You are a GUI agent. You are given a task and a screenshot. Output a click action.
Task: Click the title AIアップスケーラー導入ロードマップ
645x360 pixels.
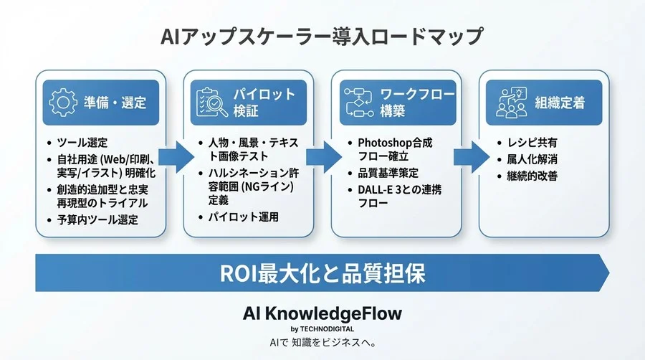pyautogui.click(x=322, y=36)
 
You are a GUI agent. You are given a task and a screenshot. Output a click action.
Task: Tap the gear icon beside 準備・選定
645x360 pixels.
pyautogui.click(x=62, y=103)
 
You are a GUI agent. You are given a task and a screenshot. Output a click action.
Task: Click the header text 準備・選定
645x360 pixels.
pyautogui.click(x=115, y=103)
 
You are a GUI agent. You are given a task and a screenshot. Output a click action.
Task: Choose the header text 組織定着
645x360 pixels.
pyautogui.click(x=559, y=103)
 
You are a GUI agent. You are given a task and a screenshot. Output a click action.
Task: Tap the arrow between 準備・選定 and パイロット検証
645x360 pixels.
pyautogui.click(x=174, y=155)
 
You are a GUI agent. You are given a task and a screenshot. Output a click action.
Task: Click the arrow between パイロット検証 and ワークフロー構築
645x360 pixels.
pyautogui.click(x=324, y=155)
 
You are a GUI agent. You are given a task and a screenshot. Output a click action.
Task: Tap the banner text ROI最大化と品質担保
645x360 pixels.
pyautogui.click(x=322, y=273)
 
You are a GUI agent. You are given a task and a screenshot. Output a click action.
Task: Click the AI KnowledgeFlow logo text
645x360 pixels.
pyautogui.click(x=322, y=313)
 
